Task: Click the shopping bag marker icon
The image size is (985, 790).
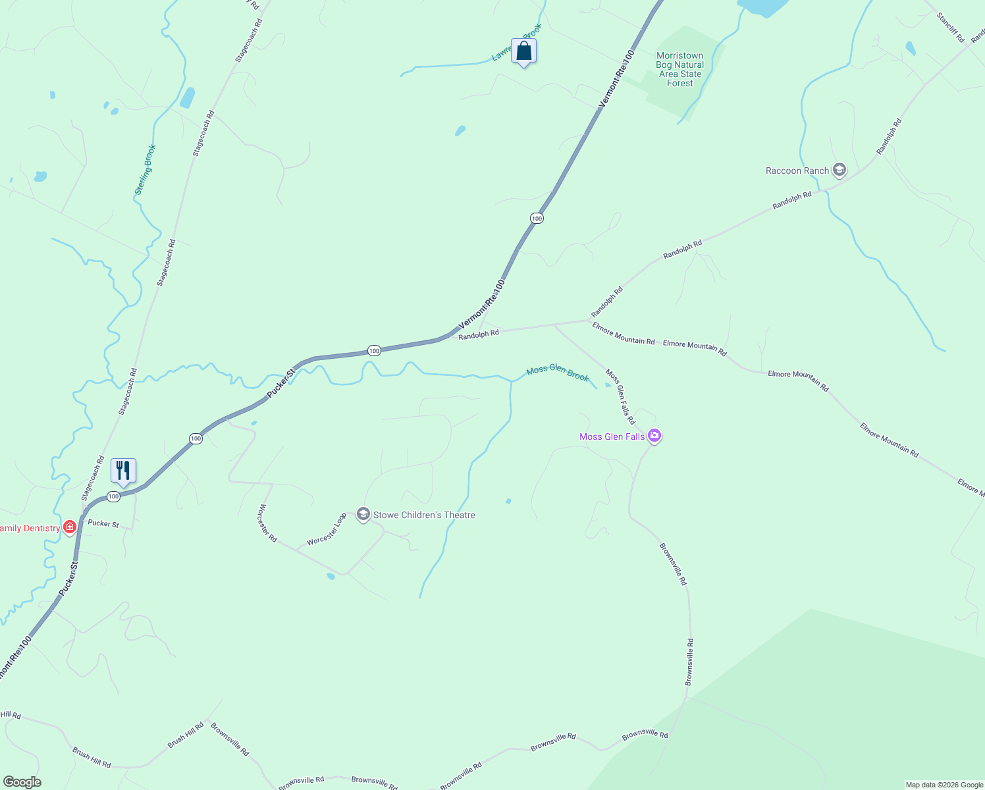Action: (x=523, y=51)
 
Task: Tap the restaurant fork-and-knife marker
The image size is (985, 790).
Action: (x=123, y=470)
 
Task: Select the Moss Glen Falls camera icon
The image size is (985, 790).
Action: (x=654, y=435)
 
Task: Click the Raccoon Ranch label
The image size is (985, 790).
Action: (x=797, y=171)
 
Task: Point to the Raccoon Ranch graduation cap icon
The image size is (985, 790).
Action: (x=839, y=171)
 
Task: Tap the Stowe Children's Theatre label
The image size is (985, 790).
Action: (x=424, y=515)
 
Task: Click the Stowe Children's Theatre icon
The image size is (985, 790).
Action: (x=363, y=514)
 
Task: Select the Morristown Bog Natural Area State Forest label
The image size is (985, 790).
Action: (x=680, y=69)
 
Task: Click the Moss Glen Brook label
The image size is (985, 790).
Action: (x=558, y=373)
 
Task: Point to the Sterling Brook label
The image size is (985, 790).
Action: (x=145, y=169)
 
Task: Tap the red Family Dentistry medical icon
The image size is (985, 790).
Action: (x=70, y=527)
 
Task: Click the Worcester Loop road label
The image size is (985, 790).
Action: (x=327, y=529)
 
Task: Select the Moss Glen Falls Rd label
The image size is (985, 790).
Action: (x=620, y=396)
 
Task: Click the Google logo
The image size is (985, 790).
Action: (x=22, y=782)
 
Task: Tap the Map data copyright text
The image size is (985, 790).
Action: (x=944, y=785)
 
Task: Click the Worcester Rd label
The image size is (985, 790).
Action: (x=267, y=523)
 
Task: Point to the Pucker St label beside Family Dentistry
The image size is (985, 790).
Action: (x=103, y=524)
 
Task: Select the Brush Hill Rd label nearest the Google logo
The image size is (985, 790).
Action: (x=92, y=758)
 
